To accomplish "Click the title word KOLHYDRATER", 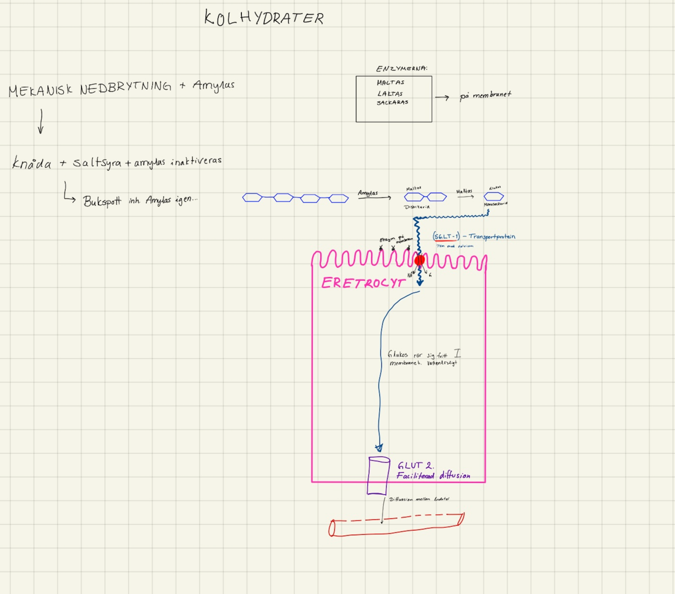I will click(x=264, y=18).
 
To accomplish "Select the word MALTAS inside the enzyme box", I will click(x=390, y=83).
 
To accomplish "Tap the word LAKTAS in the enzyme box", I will click(x=390, y=94).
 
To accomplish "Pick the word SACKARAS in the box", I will click(x=392, y=102).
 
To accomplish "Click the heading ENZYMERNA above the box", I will click(x=401, y=68).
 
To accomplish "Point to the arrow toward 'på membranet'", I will click(x=442, y=98).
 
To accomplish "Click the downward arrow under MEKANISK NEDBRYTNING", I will click(x=41, y=122).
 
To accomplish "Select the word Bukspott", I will click(x=102, y=201).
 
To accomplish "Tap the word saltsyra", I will click(x=97, y=163).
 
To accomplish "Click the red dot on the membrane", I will click(x=419, y=261).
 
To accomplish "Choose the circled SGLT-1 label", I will click(x=446, y=236).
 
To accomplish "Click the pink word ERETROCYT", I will click(x=363, y=283).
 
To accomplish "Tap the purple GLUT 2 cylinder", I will click(x=378, y=476).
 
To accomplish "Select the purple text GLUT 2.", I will click(x=415, y=466).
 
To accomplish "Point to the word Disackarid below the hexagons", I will click(x=417, y=207).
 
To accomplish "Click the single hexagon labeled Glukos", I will click(x=493, y=196).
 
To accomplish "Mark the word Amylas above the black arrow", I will click(x=368, y=193).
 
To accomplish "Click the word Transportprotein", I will click(x=492, y=236).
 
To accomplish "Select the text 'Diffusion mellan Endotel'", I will click(x=418, y=499).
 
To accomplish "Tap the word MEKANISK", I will click(x=40, y=91).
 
